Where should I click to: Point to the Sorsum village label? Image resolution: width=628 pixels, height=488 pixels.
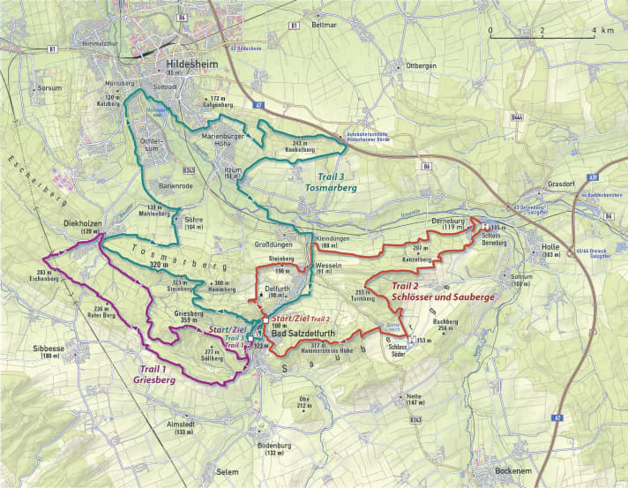click(51, 89)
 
